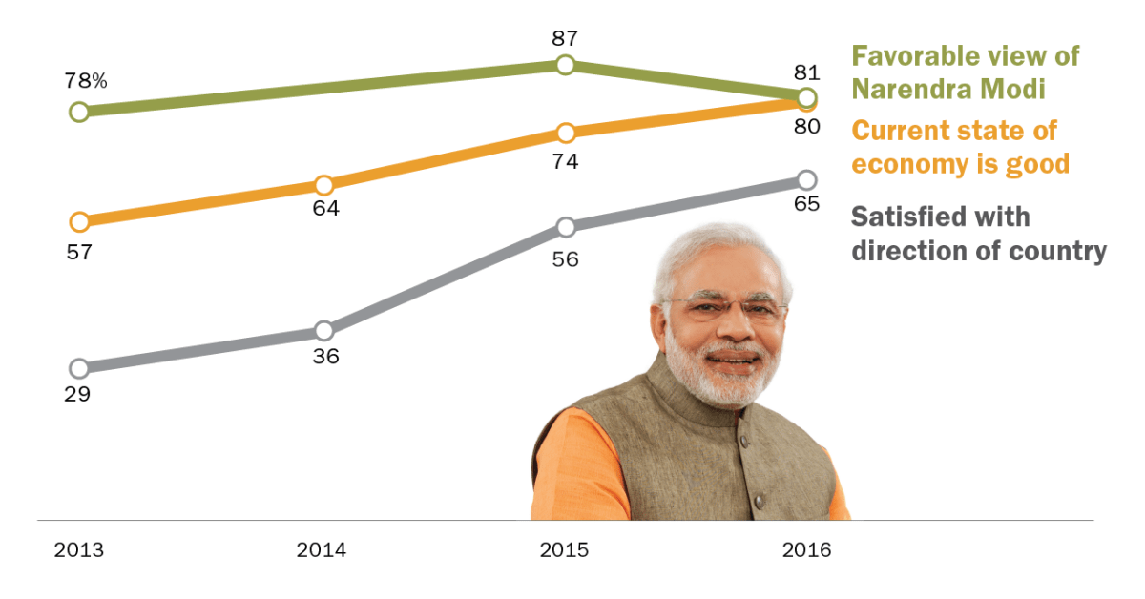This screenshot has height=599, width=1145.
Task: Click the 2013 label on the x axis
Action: [79, 550]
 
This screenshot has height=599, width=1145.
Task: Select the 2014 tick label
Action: [322, 550]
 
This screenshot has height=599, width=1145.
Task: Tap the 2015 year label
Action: [565, 550]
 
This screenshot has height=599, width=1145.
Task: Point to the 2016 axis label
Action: [807, 550]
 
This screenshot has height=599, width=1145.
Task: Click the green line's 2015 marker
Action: [565, 65]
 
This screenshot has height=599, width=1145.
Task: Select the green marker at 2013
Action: [79, 112]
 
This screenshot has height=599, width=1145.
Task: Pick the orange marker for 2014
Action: [323, 184]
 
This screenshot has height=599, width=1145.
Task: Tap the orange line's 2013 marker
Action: [79, 221]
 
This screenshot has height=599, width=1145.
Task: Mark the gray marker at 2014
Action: [323, 331]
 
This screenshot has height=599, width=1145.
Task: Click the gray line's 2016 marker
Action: [806, 179]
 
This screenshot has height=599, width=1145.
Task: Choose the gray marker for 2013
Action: [79, 368]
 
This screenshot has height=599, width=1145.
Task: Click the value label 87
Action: [565, 38]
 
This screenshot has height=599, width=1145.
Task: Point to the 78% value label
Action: [86, 81]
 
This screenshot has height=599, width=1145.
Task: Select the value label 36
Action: [325, 358]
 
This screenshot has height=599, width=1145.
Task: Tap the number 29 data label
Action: [76, 394]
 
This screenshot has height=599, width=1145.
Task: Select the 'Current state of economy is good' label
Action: [960, 147]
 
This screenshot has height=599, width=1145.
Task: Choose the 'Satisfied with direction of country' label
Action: [978, 234]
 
